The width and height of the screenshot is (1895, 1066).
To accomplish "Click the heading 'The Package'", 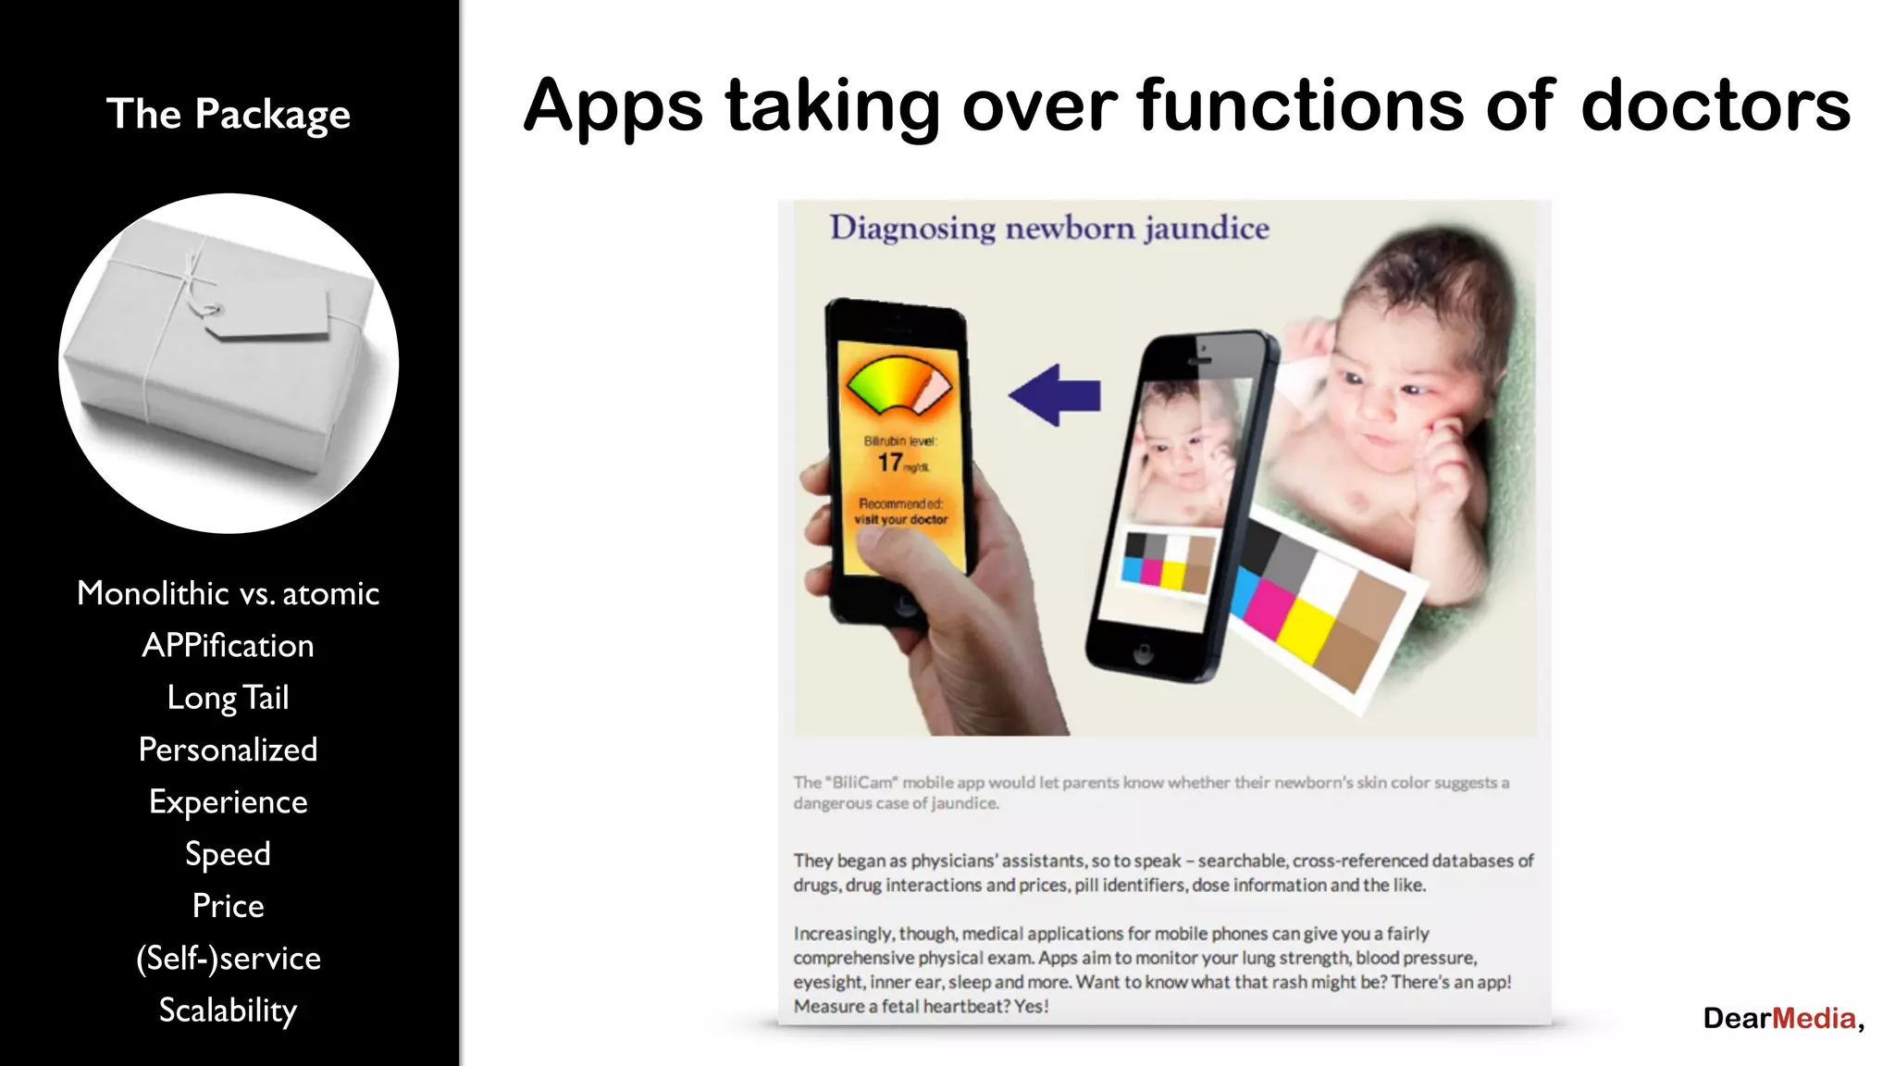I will click(228, 115).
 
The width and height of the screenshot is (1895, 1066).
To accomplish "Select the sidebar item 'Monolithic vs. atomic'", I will click(228, 593).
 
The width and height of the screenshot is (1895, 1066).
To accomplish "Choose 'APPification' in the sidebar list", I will click(228, 645).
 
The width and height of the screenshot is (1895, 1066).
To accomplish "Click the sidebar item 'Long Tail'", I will click(228, 698).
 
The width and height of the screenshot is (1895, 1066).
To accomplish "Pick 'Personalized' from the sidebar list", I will click(228, 750).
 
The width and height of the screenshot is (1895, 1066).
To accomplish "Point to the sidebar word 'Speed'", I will click(228, 854).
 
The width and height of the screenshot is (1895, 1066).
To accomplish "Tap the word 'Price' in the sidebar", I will click(228, 906).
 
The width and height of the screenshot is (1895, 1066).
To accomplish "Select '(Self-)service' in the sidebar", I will click(228, 959).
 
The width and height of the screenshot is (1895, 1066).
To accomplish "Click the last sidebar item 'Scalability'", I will click(228, 1010).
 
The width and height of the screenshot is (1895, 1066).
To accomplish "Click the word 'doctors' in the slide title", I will click(1715, 106).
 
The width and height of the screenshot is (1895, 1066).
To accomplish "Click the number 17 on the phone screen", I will click(890, 462).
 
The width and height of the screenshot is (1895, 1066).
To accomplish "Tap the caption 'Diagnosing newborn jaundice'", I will click(1048, 228).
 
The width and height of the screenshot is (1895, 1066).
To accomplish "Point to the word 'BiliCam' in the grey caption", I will click(862, 783).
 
